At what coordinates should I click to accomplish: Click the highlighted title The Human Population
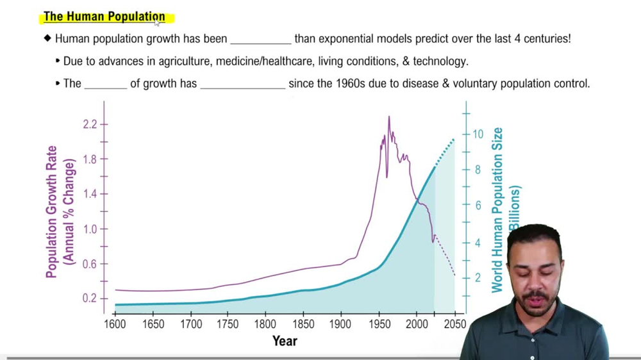point(104,17)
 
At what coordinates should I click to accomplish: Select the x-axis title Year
point(285,341)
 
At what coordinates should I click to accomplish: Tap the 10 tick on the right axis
point(478,134)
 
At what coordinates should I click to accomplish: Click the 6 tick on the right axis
point(478,206)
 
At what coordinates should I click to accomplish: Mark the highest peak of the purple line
point(388,117)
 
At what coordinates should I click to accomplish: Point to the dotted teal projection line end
point(454,138)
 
